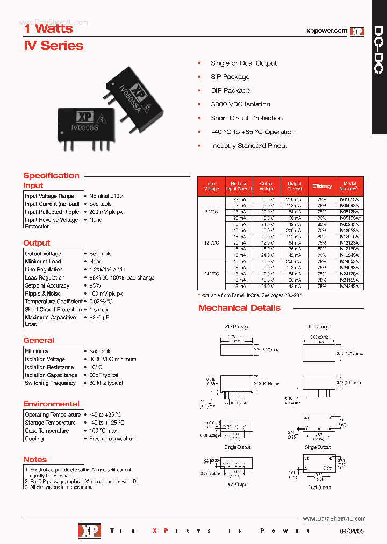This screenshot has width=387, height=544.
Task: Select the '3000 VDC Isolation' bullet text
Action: [240, 104]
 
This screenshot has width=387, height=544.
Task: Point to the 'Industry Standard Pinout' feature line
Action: [249, 146]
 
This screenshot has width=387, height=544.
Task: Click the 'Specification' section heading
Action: [51, 175]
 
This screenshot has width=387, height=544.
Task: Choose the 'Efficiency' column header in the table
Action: [322, 187]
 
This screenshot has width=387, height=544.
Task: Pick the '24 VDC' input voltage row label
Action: [212, 274]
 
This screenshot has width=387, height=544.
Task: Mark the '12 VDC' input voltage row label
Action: [212, 243]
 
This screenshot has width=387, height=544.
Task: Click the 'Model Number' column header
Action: [349, 187]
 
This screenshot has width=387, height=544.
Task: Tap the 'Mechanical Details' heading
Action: [239, 308]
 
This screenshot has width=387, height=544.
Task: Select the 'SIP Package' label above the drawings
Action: [237, 327]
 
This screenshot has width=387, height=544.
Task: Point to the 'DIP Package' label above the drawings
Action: [319, 327]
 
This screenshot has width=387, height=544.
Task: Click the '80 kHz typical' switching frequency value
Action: [106, 383]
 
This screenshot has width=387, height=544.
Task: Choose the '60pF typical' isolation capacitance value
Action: [104, 375]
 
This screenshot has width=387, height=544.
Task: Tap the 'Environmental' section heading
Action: [51, 404]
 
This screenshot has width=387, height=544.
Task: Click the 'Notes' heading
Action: [35, 460]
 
